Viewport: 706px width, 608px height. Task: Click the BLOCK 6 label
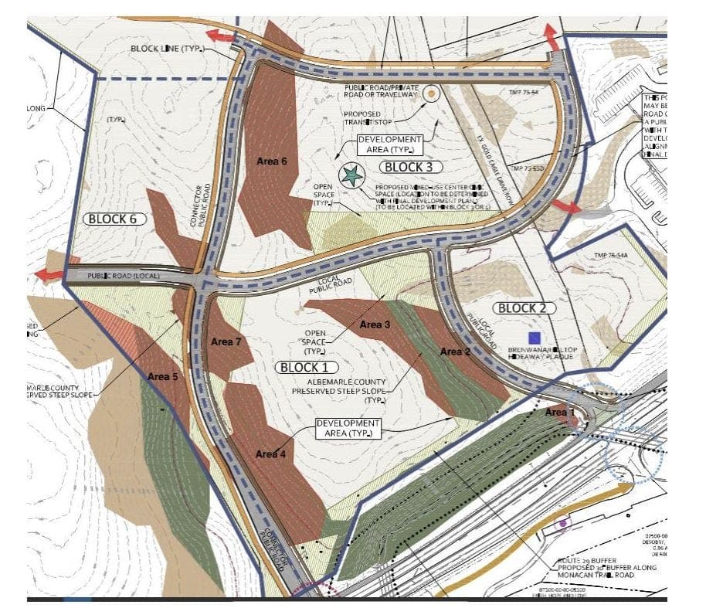[x=112, y=219]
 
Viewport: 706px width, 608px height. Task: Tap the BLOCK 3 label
[x=414, y=167]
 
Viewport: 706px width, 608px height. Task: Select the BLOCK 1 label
[x=304, y=367]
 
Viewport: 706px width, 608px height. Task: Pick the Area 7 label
[x=226, y=341]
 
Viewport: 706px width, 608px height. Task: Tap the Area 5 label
[x=163, y=377]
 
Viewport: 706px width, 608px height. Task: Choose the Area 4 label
[x=270, y=454]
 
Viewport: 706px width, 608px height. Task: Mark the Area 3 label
[x=375, y=325]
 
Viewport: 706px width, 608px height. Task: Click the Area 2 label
[x=456, y=352]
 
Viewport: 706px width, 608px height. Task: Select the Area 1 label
[x=560, y=413]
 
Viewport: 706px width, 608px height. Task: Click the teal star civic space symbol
[x=351, y=175]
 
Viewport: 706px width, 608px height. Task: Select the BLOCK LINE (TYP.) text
[x=165, y=49]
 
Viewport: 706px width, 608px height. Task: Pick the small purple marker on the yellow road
[x=563, y=523]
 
